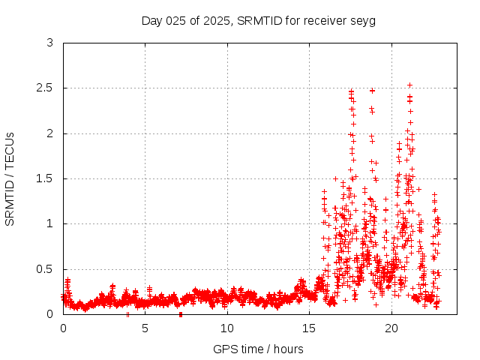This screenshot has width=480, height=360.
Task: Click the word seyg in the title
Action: (x=363, y=20)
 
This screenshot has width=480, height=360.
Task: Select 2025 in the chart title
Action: (x=216, y=20)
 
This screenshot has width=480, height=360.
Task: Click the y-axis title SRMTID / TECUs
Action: (x=10, y=178)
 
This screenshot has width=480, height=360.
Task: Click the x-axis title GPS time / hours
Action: (x=258, y=349)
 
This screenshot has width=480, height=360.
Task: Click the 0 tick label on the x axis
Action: (x=63, y=328)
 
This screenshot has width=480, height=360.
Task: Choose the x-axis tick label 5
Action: (x=145, y=328)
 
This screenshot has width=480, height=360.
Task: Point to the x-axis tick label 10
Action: (x=227, y=328)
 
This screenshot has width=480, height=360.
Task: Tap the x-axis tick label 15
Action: (x=310, y=328)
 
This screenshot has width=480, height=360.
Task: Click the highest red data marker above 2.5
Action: (x=409, y=85)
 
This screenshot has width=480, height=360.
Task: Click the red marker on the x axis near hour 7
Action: (x=181, y=314)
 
